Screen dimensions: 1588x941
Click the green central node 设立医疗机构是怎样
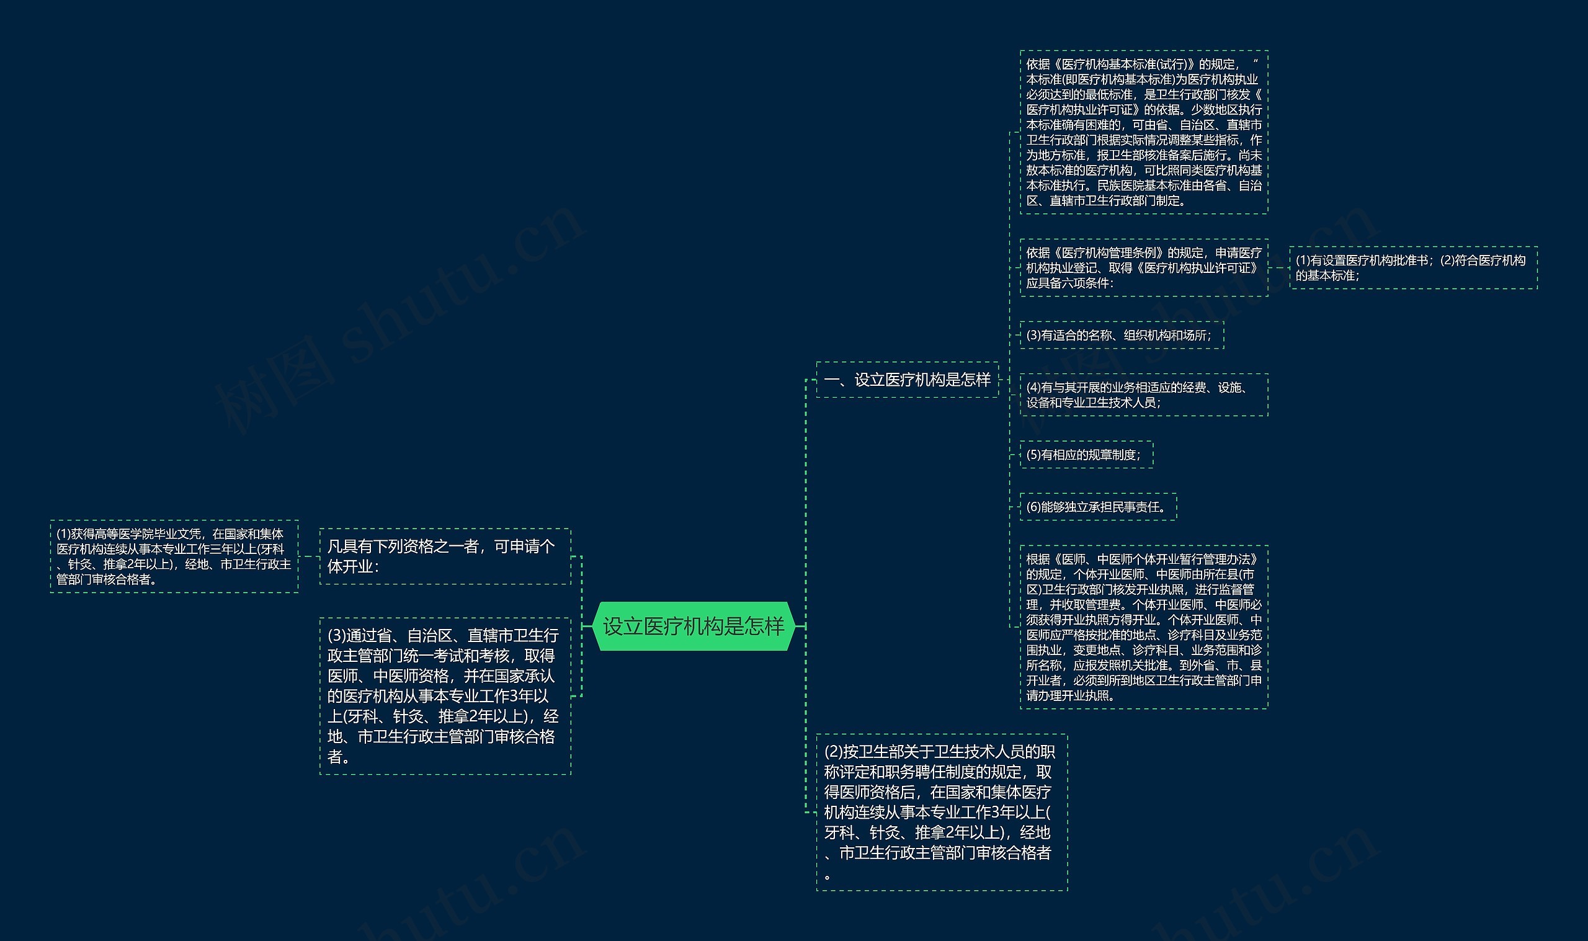click(x=694, y=627)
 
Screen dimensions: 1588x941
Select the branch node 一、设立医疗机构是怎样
click(x=907, y=380)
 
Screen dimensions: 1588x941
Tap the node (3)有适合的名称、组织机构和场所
click(x=1121, y=336)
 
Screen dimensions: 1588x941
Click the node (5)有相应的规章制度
click(x=1086, y=455)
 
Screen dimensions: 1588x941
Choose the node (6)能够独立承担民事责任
click(x=1097, y=507)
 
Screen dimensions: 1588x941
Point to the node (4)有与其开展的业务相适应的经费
click(x=1143, y=395)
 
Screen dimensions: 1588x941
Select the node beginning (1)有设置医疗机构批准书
click(x=1413, y=267)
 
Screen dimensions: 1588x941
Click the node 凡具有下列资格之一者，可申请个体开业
click(x=445, y=556)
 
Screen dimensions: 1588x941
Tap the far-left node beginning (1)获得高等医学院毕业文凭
click(x=174, y=556)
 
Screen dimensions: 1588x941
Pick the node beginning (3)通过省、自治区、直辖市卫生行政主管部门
click(x=445, y=695)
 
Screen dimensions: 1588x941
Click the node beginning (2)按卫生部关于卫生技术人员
click(x=942, y=812)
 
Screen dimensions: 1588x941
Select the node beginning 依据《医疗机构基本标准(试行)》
click(x=1143, y=132)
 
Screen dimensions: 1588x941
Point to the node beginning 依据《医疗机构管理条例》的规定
click(x=1143, y=267)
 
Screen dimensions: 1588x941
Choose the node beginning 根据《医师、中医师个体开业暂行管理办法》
click(x=1143, y=627)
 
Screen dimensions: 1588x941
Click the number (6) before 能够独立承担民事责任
click(x=1033, y=507)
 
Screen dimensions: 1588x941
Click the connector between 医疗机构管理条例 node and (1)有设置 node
click(x=1278, y=267)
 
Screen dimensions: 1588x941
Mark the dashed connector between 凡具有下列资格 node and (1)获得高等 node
click(x=309, y=556)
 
